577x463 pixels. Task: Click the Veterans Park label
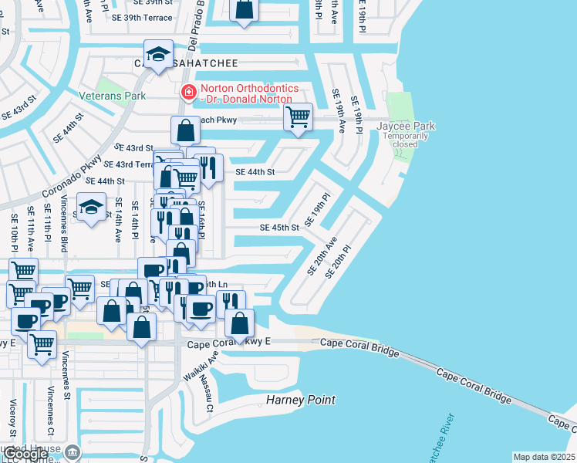[x=112, y=96]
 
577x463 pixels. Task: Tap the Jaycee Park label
[x=406, y=126]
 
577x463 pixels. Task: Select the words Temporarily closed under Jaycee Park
[x=406, y=140]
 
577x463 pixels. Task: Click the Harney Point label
[x=301, y=400]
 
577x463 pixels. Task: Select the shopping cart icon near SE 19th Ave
[x=297, y=117]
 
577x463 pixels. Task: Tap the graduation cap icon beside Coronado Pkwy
[x=91, y=207]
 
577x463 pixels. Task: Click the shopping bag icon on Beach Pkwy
[x=186, y=130]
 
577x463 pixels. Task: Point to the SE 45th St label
[x=279, y=228]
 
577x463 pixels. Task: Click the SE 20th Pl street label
[x=339, y=262]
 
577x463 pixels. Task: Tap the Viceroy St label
[x=13, y=417]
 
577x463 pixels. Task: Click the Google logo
[x=26, y=454]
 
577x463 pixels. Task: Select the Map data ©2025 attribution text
[x=543, y=457]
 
